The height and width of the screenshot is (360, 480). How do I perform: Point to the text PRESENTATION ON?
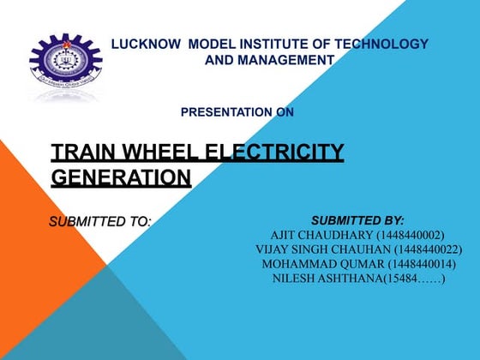click(x=237, y=112)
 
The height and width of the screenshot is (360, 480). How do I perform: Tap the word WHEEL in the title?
click(x=159, y=153)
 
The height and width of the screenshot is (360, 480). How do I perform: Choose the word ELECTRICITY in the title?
click(x=276, y=153)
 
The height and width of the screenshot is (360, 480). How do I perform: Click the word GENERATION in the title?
click(x=121, y=178)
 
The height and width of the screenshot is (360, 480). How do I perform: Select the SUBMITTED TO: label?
click(x=99, y=222)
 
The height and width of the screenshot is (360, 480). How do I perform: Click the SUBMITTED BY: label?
click(x=357, y=220)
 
